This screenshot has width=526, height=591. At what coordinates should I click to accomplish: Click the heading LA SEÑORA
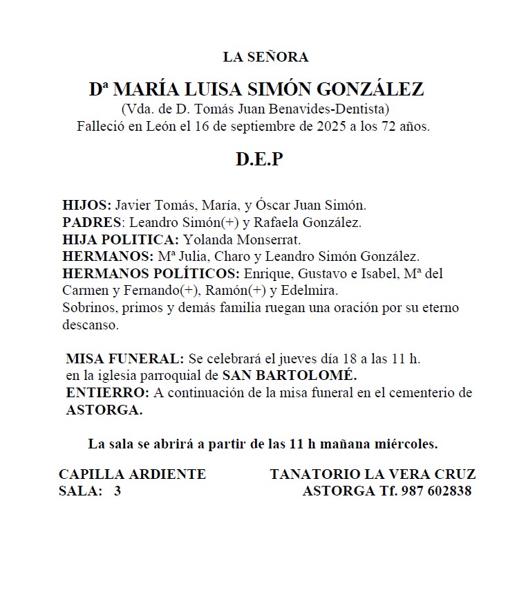click(x=265, y=57)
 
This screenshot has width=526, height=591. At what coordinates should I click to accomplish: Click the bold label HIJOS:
click(x=86, y=206)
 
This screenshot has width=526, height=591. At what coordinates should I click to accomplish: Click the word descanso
click(x=91, y=324)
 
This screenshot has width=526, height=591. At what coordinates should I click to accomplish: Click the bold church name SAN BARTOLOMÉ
click(x=290, y=376)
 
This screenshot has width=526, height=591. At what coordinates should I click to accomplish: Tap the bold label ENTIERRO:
click(x=108, y=393)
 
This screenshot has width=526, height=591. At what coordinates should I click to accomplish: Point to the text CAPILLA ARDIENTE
click(x=132, y=475)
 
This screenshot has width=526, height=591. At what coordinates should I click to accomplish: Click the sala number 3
click(x=118, y=491)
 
